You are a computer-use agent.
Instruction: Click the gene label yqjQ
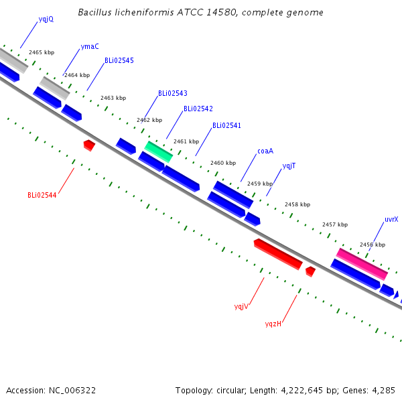[x=46, y=19]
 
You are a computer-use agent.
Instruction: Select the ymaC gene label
[x=90, y=46]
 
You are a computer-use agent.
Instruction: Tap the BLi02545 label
[x=119, y=60]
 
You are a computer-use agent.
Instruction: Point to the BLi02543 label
[x=173, y=93]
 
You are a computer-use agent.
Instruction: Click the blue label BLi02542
[x=198, y=109]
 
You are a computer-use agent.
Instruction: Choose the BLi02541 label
[x=227, y=125]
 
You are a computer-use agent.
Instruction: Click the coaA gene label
[x=265, y=151]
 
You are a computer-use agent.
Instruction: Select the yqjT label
[x=289, y=166]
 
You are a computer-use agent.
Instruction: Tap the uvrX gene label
[x=391, y=220]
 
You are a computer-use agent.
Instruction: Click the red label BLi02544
[x=42, y=196]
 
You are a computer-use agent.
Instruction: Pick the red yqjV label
[x=241, y=307]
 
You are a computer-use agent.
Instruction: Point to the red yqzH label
[x=273, y=324]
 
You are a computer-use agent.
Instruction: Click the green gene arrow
[x=158, y=152]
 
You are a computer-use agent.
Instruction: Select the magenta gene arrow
[x=362, y=265]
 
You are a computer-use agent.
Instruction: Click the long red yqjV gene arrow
[x=278, y=255]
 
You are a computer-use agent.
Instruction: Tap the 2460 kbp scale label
[x=223, y=163]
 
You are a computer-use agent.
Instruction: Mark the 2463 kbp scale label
[x=113, y=98]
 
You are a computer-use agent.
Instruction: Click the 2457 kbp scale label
[x=335, y=224]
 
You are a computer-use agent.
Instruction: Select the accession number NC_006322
[x=72, y=391]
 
